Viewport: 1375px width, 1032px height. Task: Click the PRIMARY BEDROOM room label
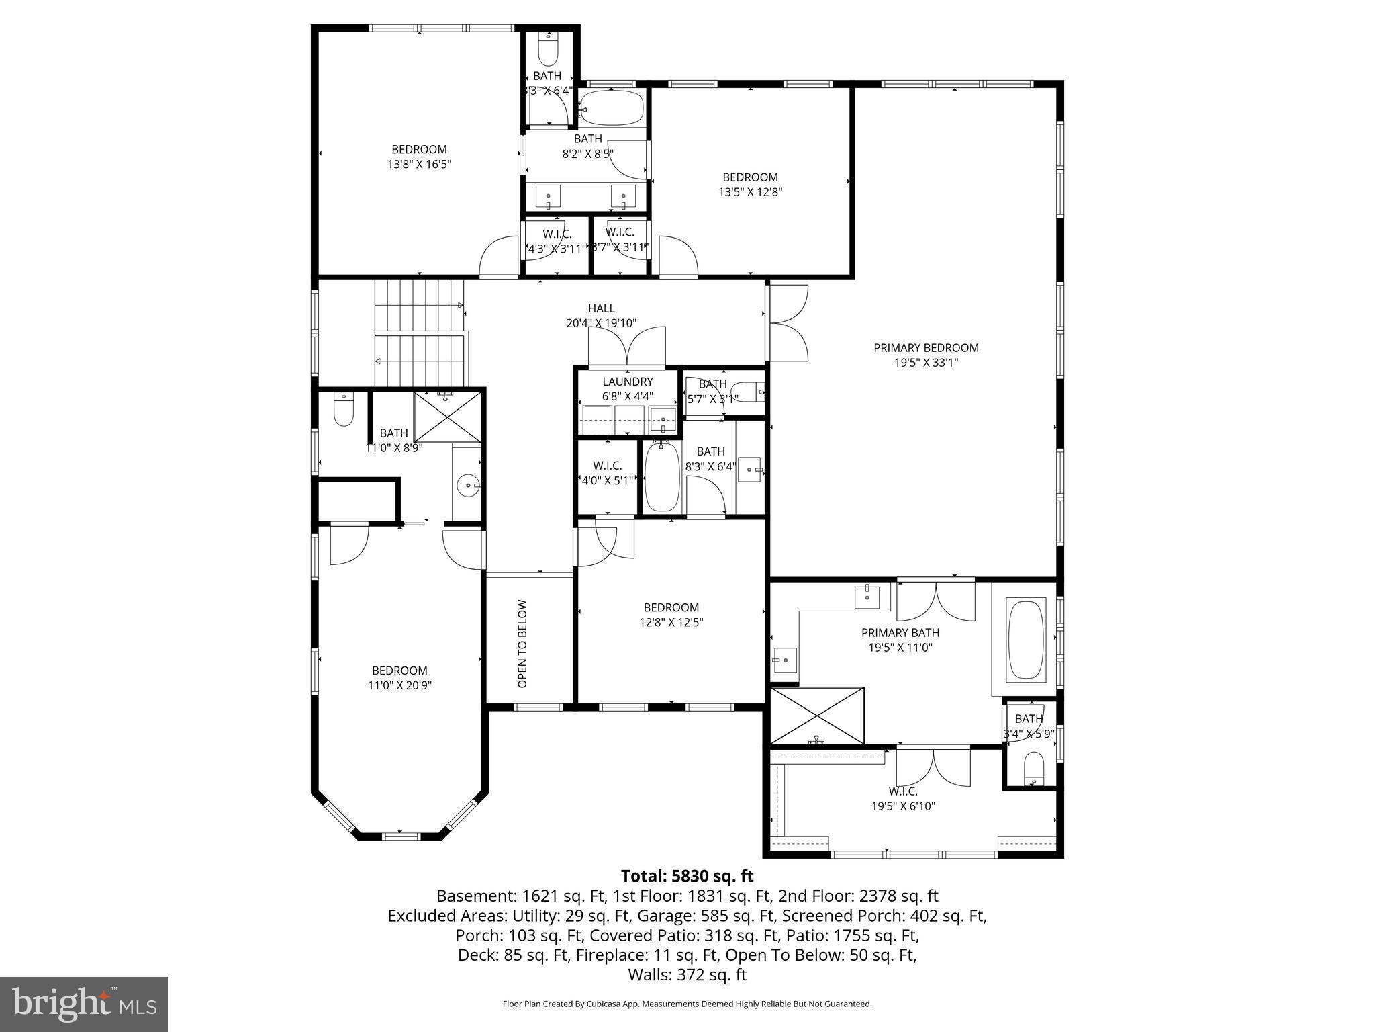click(x=926, y=348)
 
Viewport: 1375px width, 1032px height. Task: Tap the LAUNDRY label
click(x=627, y=382)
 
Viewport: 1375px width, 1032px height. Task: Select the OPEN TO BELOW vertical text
click(x=523, y=643)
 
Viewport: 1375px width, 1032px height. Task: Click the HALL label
click(x=601, y=308)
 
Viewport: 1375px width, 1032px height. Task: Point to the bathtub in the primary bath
click(x=1026, y=640)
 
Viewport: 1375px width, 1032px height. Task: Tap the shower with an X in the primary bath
click(x=817, y=715)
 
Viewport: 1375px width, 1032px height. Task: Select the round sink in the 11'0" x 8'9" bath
click(x=467, y=484)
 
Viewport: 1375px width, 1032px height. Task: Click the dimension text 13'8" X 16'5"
click(x=419, y=163)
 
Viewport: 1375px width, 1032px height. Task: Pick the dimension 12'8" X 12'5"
click(x=671, y=622)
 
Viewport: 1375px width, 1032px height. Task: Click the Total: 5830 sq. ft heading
click(x=687, y=876)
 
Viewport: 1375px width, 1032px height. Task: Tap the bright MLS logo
click(x=84, y=1004)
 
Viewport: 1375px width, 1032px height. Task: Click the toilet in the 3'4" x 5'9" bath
click(x=1034, y=768)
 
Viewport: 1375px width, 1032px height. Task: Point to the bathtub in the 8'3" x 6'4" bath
click(x=662, y=477)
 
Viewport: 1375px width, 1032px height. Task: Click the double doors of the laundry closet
click(x=627, y=349)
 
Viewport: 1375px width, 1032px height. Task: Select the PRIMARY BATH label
click(x=900, y=633)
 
